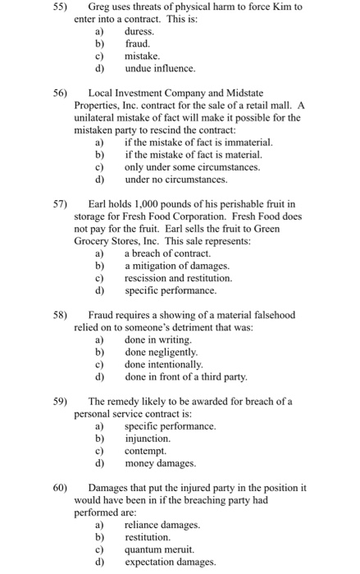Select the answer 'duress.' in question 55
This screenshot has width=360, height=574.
pyautogui.click(x=139, y=30)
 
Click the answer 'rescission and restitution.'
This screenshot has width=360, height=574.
pyautogui.click(x=178, y=278)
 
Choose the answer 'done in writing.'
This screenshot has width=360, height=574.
pyautogui.click(x=157, y=339)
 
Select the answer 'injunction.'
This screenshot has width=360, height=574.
pyautogui.click(x=148, y=439)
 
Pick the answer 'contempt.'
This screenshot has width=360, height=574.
pyautogui.click(x=145, y=451)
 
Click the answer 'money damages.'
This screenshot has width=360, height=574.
pyautogui.click(x=160, y=463)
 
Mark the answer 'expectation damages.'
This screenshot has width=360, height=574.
pyautogui.click(x=171, y=562)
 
